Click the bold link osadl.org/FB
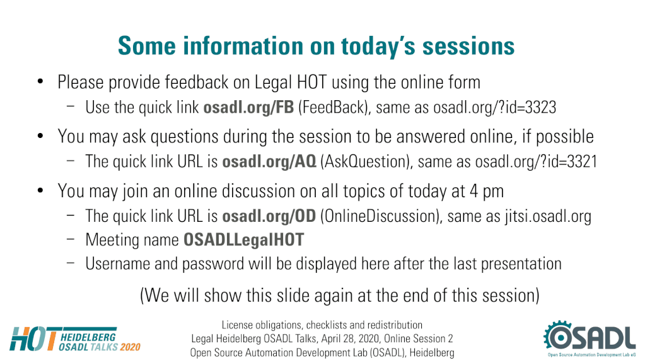(248, 108)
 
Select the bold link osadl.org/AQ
(269, 162)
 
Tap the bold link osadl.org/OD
(269, 216)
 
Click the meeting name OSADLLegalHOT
(243, 240)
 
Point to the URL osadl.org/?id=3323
(494, 108)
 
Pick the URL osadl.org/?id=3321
(536, 162)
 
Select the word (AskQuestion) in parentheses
(366, 162)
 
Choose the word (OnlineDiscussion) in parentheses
(380, 216)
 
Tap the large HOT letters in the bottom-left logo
(33, 339)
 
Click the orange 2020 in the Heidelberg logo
(131, 347)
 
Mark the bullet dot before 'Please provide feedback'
(40, 81)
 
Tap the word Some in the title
(147, 46)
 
